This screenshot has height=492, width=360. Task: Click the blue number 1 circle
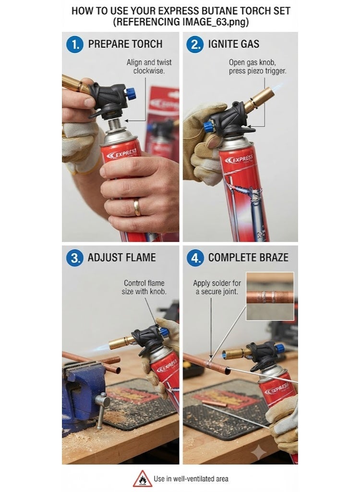point(74,44)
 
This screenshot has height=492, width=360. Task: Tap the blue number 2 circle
point(195,44)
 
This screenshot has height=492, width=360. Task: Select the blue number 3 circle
point(74,258)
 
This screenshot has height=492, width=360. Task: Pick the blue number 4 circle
point(195,258)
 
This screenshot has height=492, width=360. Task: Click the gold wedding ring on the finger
point(137,208)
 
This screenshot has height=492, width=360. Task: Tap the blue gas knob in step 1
point(131,94)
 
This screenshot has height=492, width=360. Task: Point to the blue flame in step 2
point(278,87)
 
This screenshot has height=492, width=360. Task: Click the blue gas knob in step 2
point(208,127)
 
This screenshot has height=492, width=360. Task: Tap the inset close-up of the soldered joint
point(270,296)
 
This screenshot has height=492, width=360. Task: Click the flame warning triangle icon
point(143,479)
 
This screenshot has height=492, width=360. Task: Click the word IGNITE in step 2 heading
point(221,44)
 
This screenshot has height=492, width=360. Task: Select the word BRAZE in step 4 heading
point(274,258)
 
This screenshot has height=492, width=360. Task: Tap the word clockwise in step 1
point(149,71)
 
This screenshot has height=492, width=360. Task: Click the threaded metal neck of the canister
point(115,125)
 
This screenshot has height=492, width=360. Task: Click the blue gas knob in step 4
point(279,348)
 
